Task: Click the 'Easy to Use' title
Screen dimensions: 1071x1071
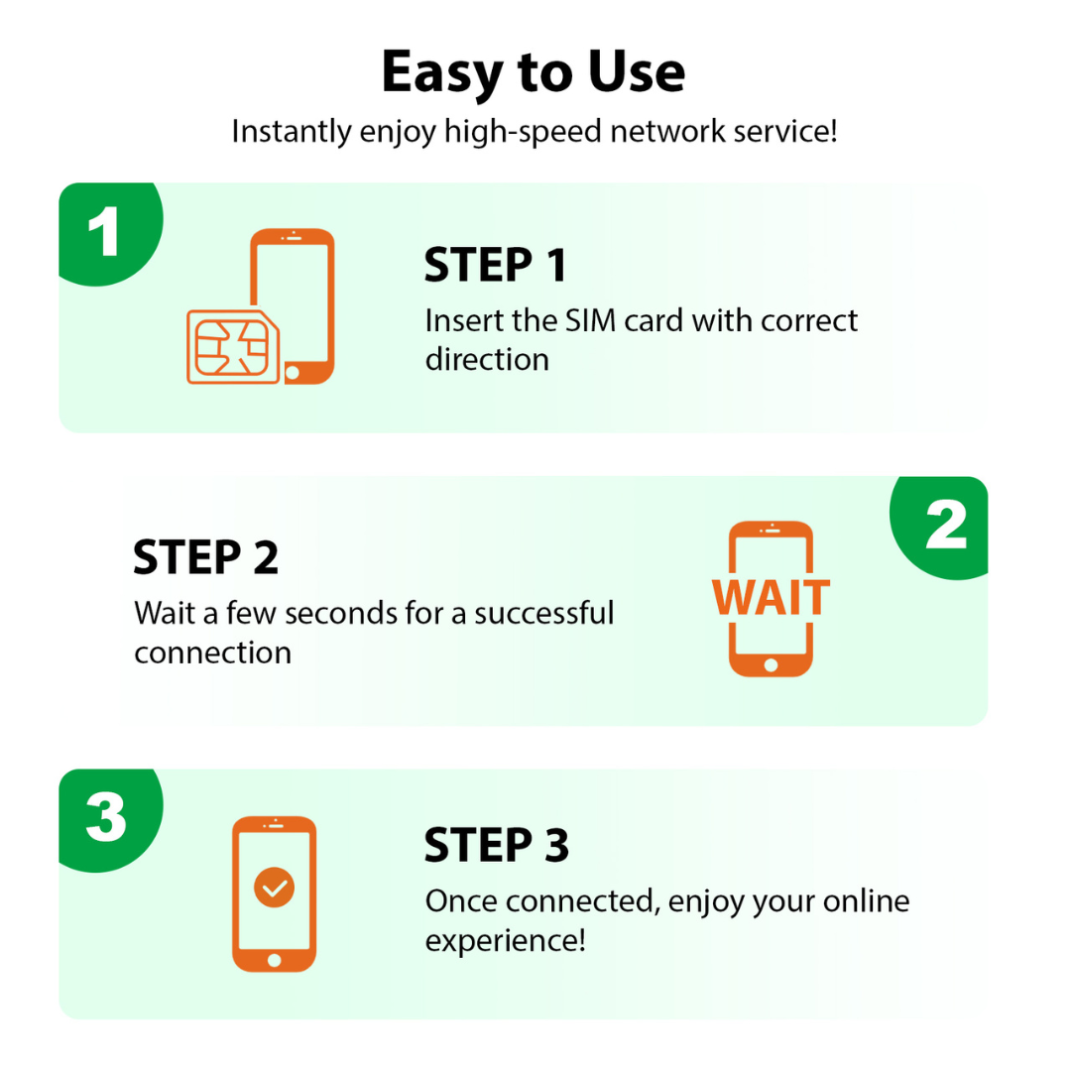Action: click(533, 73)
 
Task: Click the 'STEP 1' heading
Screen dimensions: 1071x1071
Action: click(495, 266)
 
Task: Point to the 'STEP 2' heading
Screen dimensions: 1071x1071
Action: click(205, 558)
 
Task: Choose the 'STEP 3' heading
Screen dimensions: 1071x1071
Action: click(496, 846)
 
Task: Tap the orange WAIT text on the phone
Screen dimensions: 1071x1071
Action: click(771, 597)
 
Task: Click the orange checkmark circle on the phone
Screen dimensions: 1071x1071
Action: click(275, 888)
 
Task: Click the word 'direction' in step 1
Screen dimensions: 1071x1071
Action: click(487, 359)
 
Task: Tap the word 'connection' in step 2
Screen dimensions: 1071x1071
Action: click(213, 653)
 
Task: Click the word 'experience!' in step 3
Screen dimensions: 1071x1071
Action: click(505, 940)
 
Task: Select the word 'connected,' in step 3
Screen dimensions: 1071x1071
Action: click(584, 901)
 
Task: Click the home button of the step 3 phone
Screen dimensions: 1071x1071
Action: click(275, 960)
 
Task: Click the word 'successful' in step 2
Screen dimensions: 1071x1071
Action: click(543, 613)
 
